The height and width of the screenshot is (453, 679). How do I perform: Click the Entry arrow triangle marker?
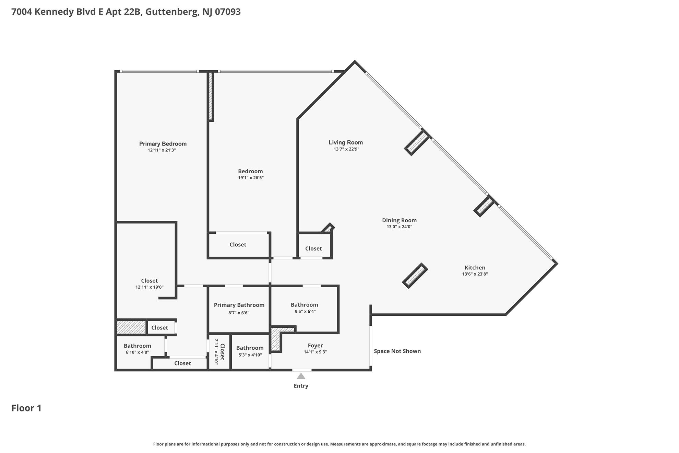[301, 376]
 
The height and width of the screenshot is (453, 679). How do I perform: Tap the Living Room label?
[346, 142]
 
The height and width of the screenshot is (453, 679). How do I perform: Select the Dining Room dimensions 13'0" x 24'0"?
[399, 227]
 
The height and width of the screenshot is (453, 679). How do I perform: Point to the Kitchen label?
[475, 268]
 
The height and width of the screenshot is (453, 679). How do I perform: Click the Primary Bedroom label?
[163, 144]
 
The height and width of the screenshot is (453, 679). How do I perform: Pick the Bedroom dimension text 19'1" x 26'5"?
[251, 178]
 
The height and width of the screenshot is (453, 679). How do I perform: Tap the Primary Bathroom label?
[239, 305]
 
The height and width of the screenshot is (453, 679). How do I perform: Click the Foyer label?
[315, 346]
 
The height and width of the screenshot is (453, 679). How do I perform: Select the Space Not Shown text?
[397, 351]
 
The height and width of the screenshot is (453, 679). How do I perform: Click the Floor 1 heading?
[26, 408]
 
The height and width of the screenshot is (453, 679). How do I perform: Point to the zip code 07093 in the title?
[228, 12]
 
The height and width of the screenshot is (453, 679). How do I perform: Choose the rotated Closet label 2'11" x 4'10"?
[219, 351]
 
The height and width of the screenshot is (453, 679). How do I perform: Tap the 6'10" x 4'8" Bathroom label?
[137, 346]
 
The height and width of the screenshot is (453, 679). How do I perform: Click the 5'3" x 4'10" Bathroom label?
[250, 348]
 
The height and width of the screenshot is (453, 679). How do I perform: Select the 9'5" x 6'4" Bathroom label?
[304, 305]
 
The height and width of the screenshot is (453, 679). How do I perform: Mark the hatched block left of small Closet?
[131, 327]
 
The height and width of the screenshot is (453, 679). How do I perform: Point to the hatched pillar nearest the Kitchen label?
[415, 276]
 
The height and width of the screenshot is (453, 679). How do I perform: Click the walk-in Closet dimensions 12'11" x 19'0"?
[150, 287]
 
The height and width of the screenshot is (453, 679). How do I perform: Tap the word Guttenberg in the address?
[172, 12]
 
